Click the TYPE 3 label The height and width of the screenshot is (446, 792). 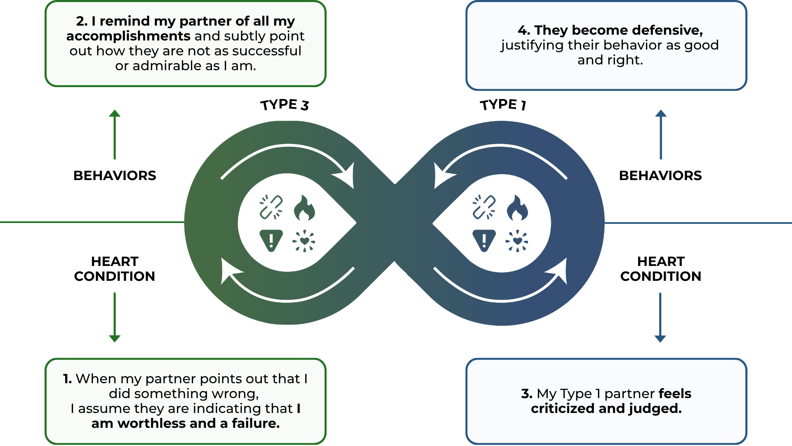[285, 105]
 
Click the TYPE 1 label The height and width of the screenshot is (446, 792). [503, 105]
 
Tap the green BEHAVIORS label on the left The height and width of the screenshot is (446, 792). [115, 176]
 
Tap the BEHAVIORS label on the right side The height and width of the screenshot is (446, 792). [660, 176]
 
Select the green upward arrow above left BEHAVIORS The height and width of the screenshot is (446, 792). [115, 134]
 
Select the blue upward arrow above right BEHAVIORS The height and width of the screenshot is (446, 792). [661, 134]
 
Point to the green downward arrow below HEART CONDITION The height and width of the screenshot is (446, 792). [115, 317]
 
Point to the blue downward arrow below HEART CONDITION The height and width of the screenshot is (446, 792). [660, 317]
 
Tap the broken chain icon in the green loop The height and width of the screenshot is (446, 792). [271, 207]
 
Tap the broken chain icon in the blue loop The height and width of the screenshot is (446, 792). [484, 207]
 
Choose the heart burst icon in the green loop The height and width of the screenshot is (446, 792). [304, 241]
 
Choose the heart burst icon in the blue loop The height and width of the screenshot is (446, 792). [517, 241]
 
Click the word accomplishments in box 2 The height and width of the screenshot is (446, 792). [128, 36]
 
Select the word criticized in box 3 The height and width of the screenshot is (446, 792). [563, 408]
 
